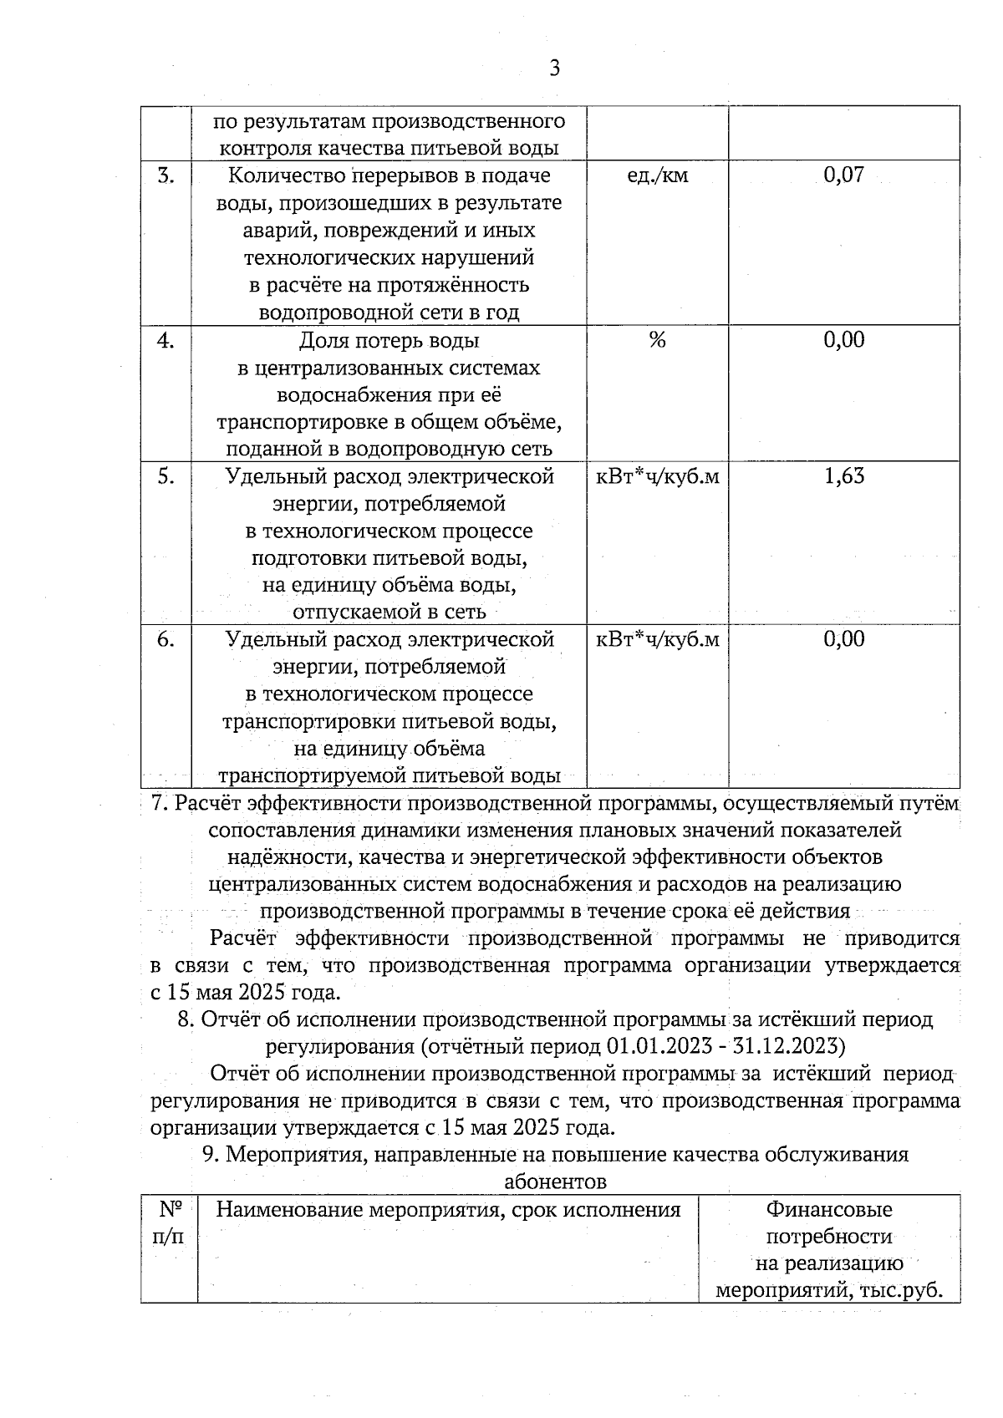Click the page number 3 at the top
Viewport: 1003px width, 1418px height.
[553, 69]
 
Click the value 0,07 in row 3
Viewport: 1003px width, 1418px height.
[843, 175]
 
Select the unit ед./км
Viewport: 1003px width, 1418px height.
[657, 175]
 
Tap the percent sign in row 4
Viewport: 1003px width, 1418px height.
[657, 340]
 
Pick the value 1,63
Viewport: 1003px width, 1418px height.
[843, 476]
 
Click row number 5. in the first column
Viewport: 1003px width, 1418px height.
[165, 476]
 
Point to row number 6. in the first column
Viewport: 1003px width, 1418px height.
[165, 639]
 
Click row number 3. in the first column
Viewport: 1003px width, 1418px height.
[165, 175]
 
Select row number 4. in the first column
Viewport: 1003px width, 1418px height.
[165, 340]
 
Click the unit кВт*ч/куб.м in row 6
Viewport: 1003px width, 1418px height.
[657, 640]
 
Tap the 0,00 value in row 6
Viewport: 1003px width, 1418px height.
[843, 639]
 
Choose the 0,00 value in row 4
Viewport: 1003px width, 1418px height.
[843, 340]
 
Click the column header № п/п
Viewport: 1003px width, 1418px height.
[169, 1222]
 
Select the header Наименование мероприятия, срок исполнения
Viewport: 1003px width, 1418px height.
[448, 1210]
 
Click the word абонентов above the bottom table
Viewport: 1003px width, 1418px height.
[555, 1182]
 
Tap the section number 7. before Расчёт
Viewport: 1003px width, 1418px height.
[160, 804]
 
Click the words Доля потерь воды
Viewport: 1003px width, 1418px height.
[389, 341]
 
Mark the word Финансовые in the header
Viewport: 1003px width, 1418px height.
[829, 1210]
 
